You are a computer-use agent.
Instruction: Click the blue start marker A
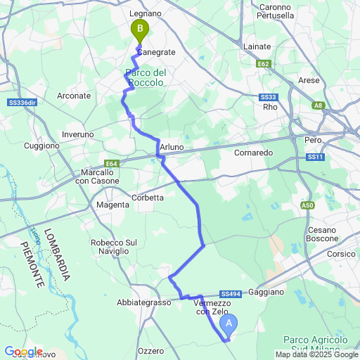tap(229, 324)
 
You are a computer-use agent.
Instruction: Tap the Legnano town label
tap(146, 13)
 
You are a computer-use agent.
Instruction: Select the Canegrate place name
tap(155, 52)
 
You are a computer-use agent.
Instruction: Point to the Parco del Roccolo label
tap(145, 77)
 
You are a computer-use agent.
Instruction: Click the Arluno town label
tap(172, 146)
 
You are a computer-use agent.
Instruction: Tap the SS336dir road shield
tap(24, 103)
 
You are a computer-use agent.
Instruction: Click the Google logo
tap(22, 352)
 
